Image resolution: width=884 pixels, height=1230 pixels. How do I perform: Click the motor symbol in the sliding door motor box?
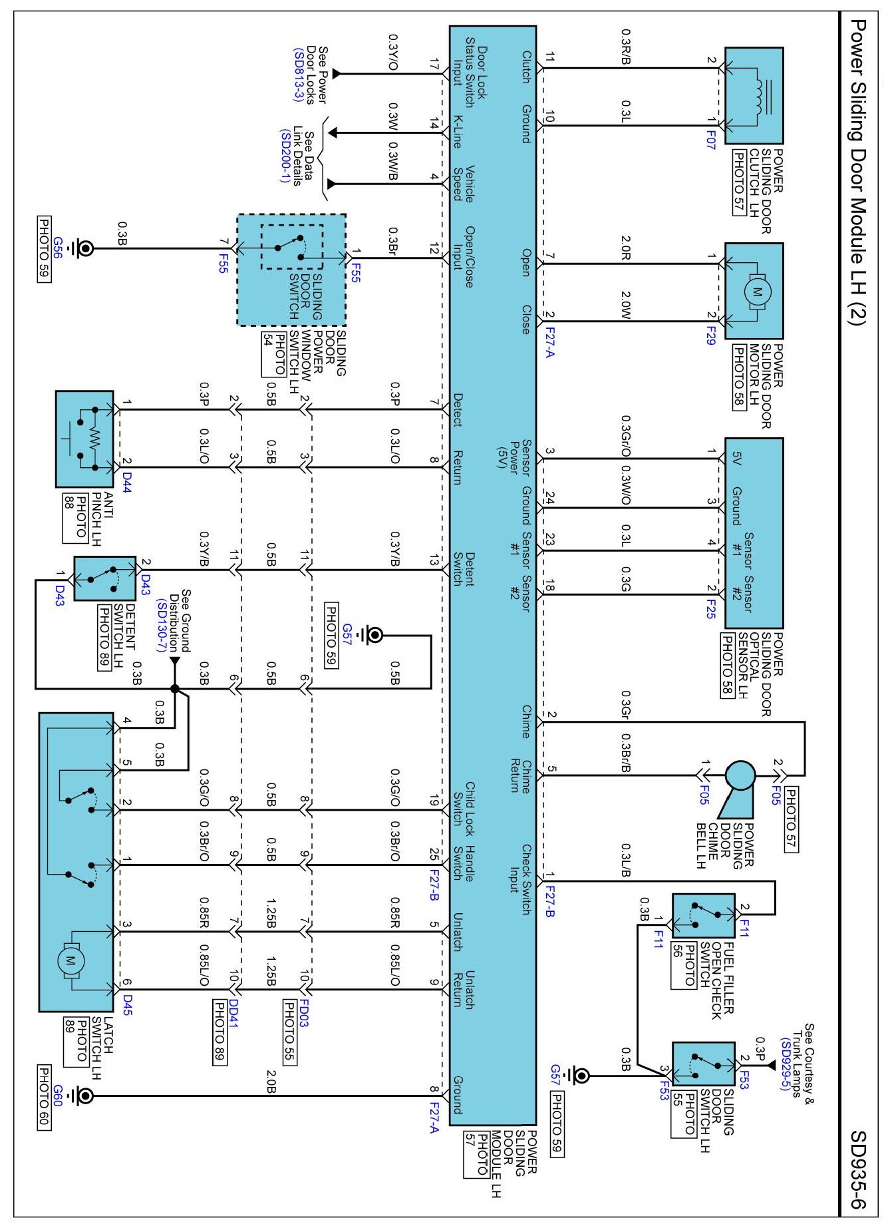point(757,292)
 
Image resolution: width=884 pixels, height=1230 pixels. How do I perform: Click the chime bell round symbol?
point(740,776)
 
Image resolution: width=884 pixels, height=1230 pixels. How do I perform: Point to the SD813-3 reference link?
point(298,74)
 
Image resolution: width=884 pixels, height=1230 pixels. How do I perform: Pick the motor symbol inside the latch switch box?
point(70,960)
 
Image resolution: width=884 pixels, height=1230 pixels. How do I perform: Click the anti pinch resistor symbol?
point(94,439)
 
